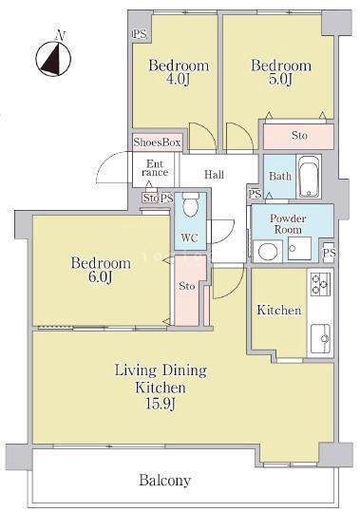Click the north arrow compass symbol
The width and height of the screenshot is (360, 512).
tap(53, 59)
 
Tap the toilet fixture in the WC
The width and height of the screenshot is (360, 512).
tap(191, 204)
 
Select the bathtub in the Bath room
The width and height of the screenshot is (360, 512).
tap(309, 177)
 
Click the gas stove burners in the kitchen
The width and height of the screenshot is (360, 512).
tap(320, 284)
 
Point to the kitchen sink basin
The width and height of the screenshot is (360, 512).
tap(320, 338)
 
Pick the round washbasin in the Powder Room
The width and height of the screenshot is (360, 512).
tap(268, 252)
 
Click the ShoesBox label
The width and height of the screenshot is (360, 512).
tap(157, 142)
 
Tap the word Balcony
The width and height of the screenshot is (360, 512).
tap(165, 481)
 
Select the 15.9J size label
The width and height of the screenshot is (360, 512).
tap(161, 405)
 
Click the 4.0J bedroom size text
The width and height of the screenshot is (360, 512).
tap(178, 81)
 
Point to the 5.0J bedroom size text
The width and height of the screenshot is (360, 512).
tap(280, 80)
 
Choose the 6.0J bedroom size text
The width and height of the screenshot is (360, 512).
tap(101, 277)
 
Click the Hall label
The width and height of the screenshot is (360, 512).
tap(214, 175)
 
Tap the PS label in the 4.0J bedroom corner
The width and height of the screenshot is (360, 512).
tap(140, 34)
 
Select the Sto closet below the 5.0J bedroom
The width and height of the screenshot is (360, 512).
tap(299, 136)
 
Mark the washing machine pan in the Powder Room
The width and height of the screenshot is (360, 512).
tap(299, 249)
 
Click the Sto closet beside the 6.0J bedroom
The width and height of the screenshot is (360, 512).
tap(187, 291)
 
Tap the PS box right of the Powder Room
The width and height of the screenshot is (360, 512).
tap(329, 253)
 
